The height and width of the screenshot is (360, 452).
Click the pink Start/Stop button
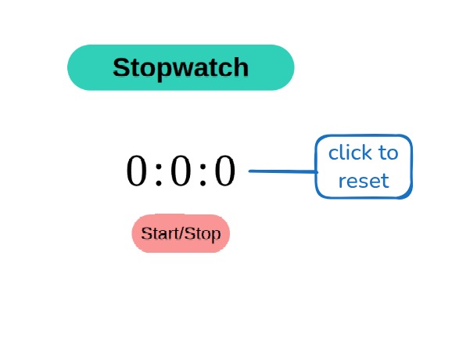181,233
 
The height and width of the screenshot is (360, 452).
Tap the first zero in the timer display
136,172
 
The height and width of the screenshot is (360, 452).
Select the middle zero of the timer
181,172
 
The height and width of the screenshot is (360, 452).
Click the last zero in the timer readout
225,172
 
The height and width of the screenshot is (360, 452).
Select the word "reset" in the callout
364,182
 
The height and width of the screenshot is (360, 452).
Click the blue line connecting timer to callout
282,171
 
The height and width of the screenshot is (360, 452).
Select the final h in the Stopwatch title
240,67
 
